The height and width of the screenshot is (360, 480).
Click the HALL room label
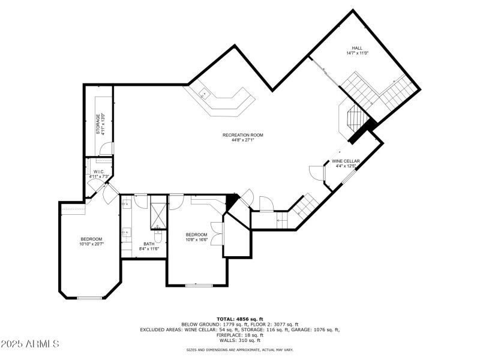(x=357, y=48)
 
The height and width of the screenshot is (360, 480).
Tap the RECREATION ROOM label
(x=243, y=135)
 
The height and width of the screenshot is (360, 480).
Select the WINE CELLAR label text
(x=346, y=161)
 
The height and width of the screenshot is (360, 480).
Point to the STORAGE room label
(x=98, y=124)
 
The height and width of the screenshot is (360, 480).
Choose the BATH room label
(x=148, y=244)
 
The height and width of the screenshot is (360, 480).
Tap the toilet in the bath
(x=157, y=227)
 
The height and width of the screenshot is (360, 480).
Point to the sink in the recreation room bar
(x=204, y=93)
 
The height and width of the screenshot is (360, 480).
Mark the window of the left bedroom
(x=90, y=298)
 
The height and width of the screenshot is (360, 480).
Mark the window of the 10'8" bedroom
(x=197, y=286)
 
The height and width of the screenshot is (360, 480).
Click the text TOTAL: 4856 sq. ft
(x=239, y=319)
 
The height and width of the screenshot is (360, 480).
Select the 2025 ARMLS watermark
(x=30, y=344)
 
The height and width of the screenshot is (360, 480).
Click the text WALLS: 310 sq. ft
(x=239, y=340)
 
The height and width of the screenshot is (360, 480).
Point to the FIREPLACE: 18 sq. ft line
(x=239, y=335)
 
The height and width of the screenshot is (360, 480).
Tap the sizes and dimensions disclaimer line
(x=239, y=349)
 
